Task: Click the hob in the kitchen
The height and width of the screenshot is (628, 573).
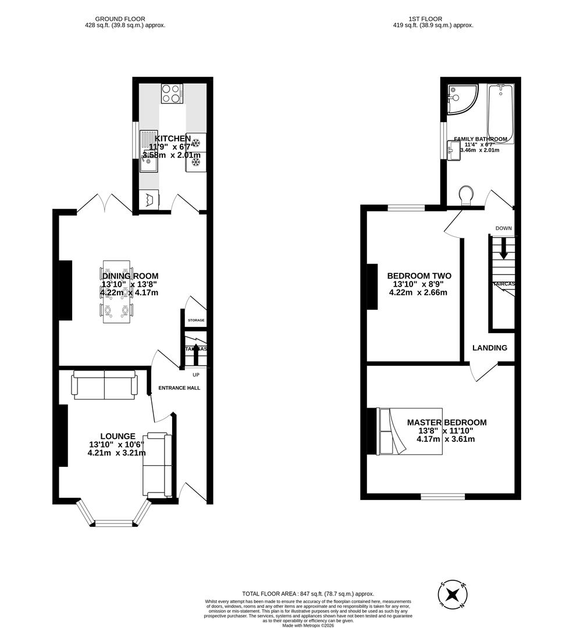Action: coord(172,94)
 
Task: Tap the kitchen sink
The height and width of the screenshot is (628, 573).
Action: coord(149,150)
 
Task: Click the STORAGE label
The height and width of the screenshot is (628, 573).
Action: coord(195,320)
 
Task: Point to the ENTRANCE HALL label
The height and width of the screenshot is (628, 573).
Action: coord(180,388)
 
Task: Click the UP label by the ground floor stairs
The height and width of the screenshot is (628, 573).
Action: coord(195,374)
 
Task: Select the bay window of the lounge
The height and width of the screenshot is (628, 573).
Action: coord(114,514)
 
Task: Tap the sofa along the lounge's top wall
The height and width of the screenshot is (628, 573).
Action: coord(104,387)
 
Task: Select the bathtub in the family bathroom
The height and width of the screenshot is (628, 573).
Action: coord(500,110)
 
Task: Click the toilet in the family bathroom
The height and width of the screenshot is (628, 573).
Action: coord(466,195)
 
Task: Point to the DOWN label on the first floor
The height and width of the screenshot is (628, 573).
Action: coord(503,228)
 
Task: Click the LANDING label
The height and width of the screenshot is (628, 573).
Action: coord(489,348)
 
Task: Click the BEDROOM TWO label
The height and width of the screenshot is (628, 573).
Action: coord(419,276)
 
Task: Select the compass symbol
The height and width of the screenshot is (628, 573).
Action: coord(452,595)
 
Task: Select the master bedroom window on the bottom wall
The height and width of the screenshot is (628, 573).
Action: coord(443,497)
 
